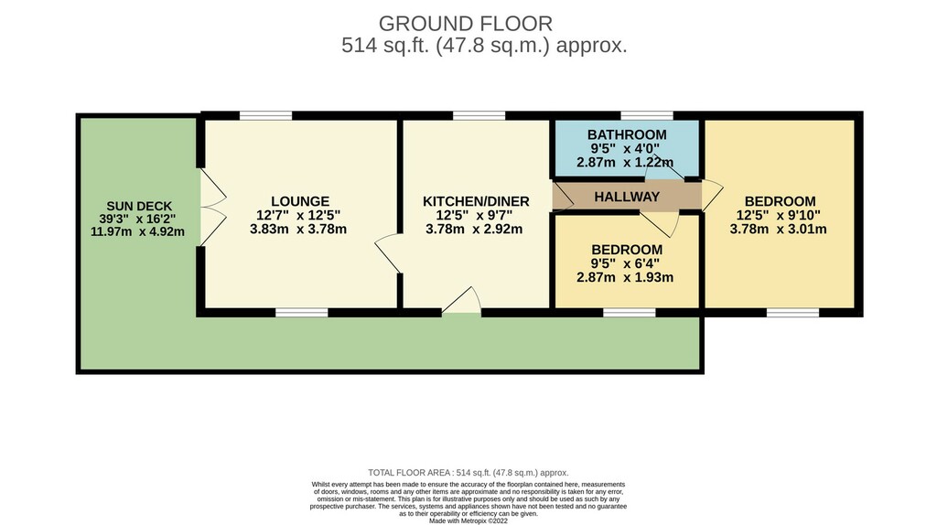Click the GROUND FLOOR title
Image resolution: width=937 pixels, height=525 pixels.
tap(466, 24)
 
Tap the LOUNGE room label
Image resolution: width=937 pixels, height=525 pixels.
tap(300, 201)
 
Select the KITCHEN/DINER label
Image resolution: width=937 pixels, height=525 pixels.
tap(476, 201)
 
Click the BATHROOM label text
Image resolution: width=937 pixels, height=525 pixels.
tap(627, 134)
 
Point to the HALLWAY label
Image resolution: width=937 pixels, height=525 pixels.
tap(627, 197)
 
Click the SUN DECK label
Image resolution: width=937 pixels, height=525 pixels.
tap(139, 206)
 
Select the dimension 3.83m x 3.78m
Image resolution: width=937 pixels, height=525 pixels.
tap(298, 229)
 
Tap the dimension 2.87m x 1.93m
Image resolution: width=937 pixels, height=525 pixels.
tap(625, 277)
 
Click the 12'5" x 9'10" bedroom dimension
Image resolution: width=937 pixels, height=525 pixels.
tap(779, 215)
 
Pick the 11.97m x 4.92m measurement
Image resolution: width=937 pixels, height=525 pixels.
tap(137, 231)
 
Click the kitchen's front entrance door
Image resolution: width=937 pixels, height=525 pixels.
tap(462, 300)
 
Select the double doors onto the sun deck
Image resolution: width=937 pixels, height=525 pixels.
tap(213, 208)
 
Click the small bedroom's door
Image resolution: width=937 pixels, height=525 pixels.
tap(660, 223)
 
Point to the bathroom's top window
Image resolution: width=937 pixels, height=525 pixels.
tap(647, 115)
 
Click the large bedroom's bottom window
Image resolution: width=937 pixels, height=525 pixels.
tap(793, 313)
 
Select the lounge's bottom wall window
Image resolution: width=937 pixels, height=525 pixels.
tap(302, 313)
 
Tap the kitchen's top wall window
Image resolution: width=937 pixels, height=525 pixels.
tap(479, 115)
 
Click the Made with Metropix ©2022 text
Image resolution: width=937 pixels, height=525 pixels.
tap(468, 520)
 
